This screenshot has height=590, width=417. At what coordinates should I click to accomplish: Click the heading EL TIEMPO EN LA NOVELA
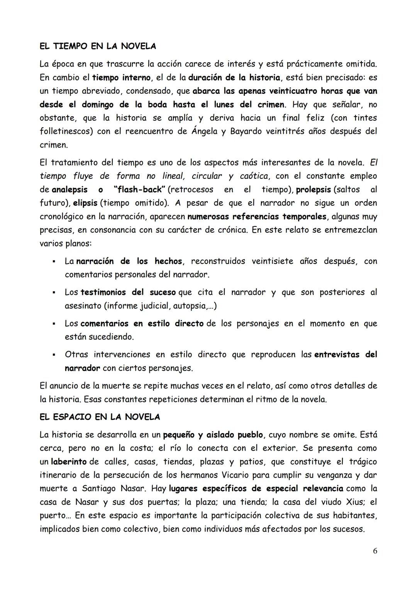(98, 46)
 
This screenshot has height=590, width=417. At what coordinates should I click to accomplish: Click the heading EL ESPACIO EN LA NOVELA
(100, 417)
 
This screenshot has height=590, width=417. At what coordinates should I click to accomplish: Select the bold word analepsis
(69, 190)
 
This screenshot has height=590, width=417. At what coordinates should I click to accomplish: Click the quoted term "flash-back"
(140, 190)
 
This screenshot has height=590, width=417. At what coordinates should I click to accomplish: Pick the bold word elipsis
(85, 203)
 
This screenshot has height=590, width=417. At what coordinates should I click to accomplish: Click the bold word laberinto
(69, 462)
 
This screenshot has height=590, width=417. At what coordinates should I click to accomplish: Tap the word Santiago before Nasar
(99, 489)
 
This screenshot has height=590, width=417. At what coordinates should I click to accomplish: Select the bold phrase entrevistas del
(345, 355)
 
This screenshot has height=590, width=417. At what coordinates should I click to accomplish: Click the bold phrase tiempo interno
(121, 78)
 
